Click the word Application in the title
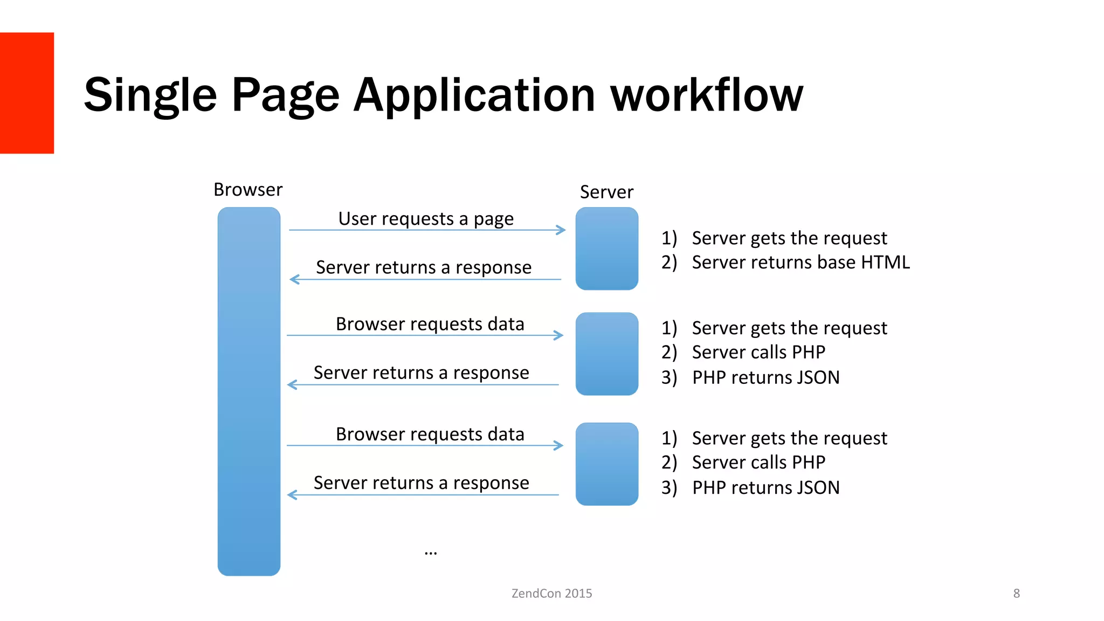[474, 95]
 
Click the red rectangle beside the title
[26, 93]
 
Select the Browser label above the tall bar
[248, 190]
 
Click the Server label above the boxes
[606, 192]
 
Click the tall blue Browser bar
[249, 391]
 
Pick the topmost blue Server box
[606, 249]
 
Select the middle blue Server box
[606, 354]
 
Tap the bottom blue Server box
[606, 464]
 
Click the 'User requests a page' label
[426, 219]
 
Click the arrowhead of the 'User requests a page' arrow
[562, 230]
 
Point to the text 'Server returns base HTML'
[801, 263]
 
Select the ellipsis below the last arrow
[430, 553]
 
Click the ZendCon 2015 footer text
[551, 594]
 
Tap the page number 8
[1016, 594]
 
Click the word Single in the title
[150, 95]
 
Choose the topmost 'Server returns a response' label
[424, 267]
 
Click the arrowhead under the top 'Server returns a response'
[294, 279]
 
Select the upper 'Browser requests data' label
[430, 324]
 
